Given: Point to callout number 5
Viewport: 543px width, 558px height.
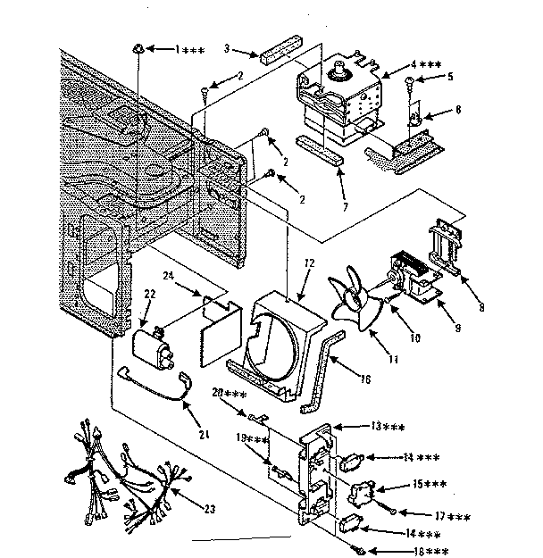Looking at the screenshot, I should [x=451, y=77].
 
